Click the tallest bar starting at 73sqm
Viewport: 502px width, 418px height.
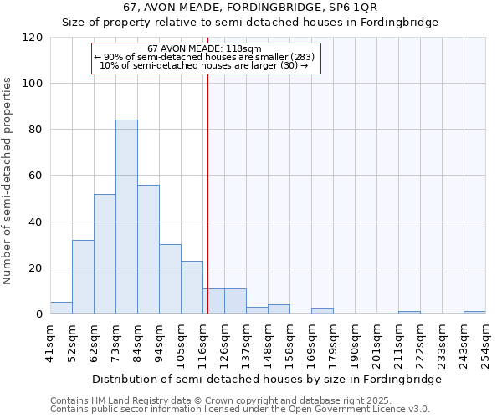tap(126, 217)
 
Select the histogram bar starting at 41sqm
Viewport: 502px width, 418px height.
tap(61, 308)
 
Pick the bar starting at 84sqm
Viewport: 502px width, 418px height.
tap(148, 249)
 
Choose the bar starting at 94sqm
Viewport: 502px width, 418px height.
tap(170, 279)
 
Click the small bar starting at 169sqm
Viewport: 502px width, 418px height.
tap(322, 312)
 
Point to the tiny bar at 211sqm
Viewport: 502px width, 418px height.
tap(409, 313)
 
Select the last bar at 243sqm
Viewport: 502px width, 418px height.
tap(474, 313)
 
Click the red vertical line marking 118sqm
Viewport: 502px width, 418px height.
tap(207, 192)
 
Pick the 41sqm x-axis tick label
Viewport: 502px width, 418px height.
tap(51, 342)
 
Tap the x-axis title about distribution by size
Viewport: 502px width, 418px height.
tap(266, 379)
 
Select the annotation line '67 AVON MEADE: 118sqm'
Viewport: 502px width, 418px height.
tap(204, 49)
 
